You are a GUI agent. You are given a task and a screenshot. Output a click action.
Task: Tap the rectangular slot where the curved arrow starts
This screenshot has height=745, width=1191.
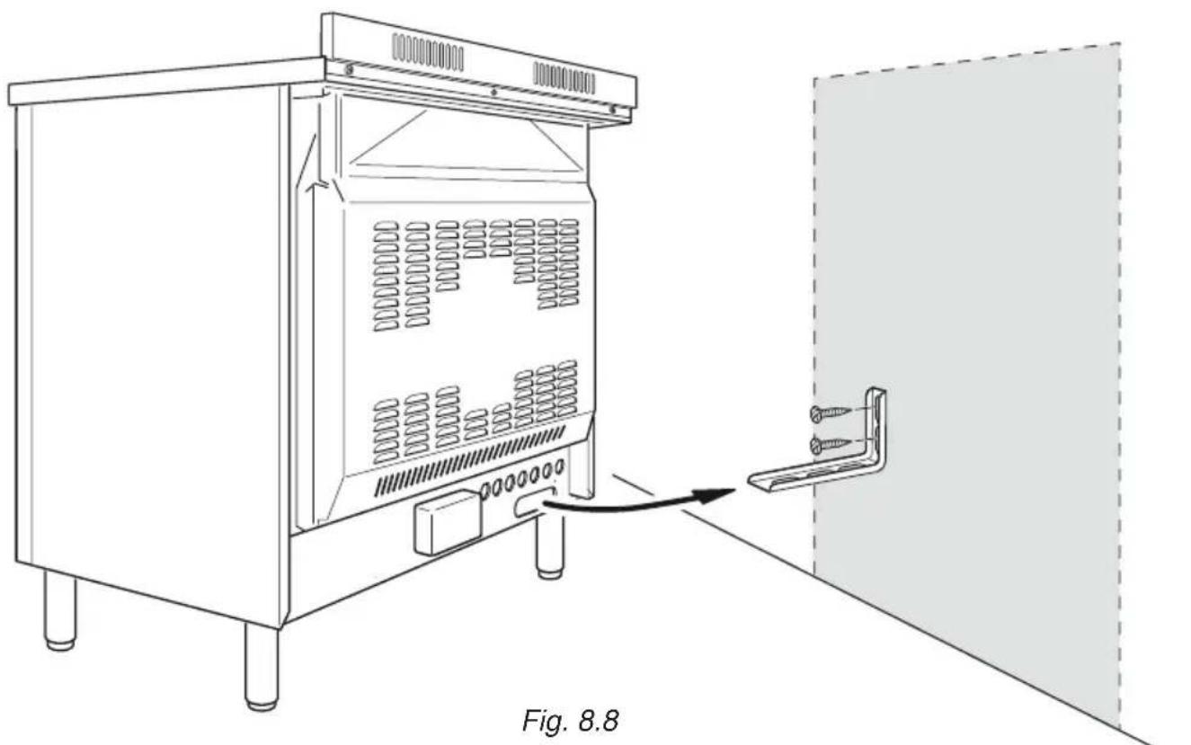[532, 507]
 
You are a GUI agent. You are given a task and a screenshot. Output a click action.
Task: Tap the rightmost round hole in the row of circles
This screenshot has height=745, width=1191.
[559, 466]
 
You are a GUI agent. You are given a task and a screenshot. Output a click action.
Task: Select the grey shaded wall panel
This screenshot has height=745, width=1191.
[971, 270]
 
